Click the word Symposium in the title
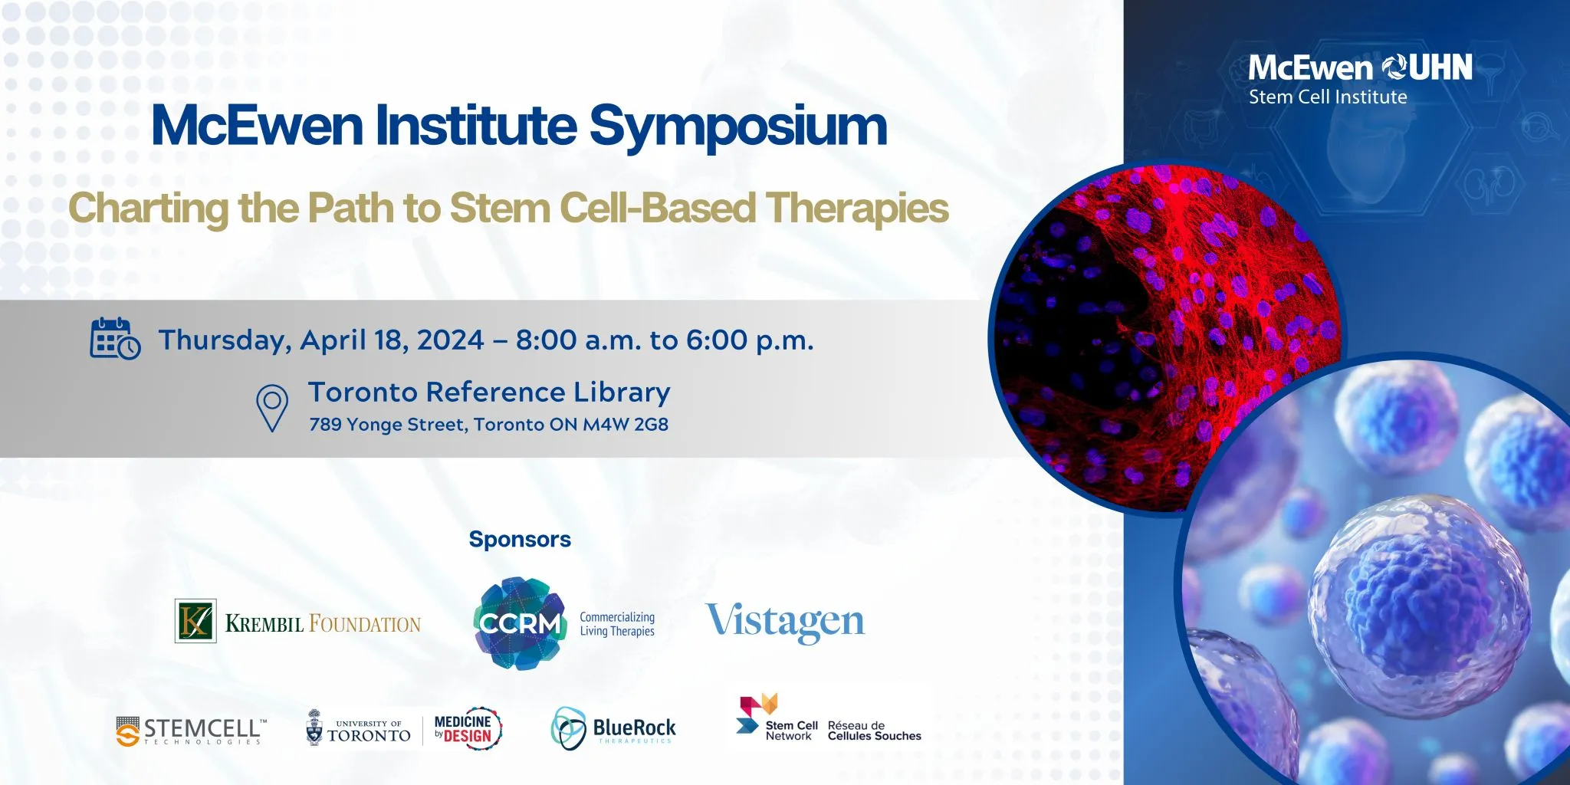tap(738, 127)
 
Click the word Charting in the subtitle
tap(149, 209)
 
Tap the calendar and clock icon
tap(115, 339)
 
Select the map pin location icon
tap(271, 408)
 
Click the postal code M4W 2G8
tap(626, 425)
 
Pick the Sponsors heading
tap(520, 540)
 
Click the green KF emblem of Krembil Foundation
tap(195, 620)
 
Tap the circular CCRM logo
tap(520, 623)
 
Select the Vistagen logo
tap(785, 622)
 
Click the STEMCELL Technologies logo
tap(192, 731)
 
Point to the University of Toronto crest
tap(314, 728)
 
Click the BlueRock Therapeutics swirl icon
tap(569, 728)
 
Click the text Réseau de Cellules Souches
tap(875, 731)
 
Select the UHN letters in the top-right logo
tap(1440, 68)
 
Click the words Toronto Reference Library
tap(489, 392)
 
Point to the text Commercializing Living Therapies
tap(617, 624)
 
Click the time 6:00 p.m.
tap(750, 340)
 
